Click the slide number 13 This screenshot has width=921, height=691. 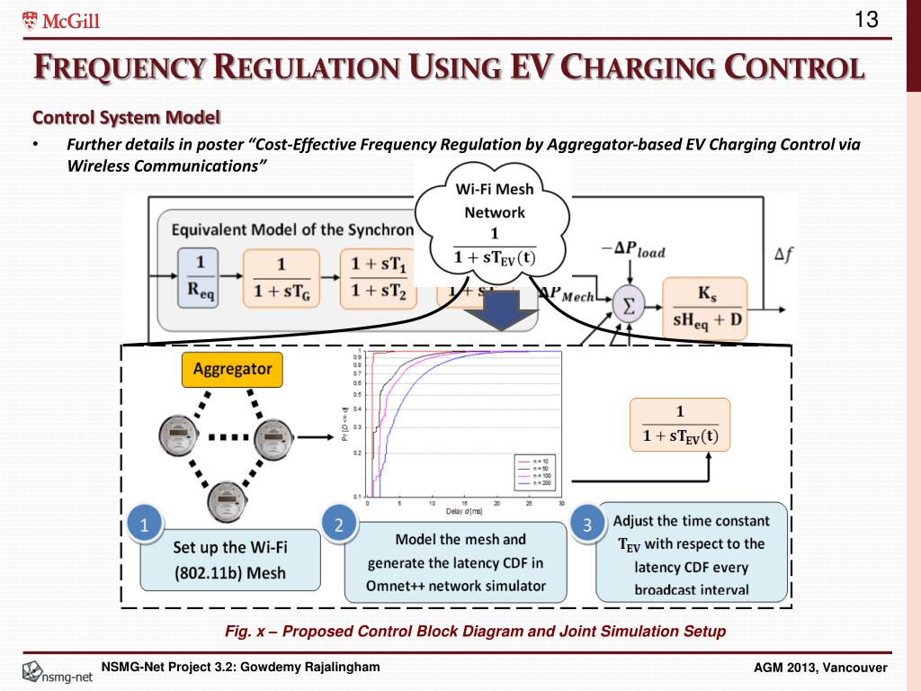(866, 20)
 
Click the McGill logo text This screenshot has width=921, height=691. (61, 21)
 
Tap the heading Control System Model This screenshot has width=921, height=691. (126, 117)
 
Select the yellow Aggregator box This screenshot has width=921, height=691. (233, 369)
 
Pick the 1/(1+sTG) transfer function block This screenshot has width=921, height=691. (281, 277)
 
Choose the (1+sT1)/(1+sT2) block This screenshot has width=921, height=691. (378, 277)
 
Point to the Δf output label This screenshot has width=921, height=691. (784, 256)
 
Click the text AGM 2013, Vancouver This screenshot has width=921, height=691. (819, 667)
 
